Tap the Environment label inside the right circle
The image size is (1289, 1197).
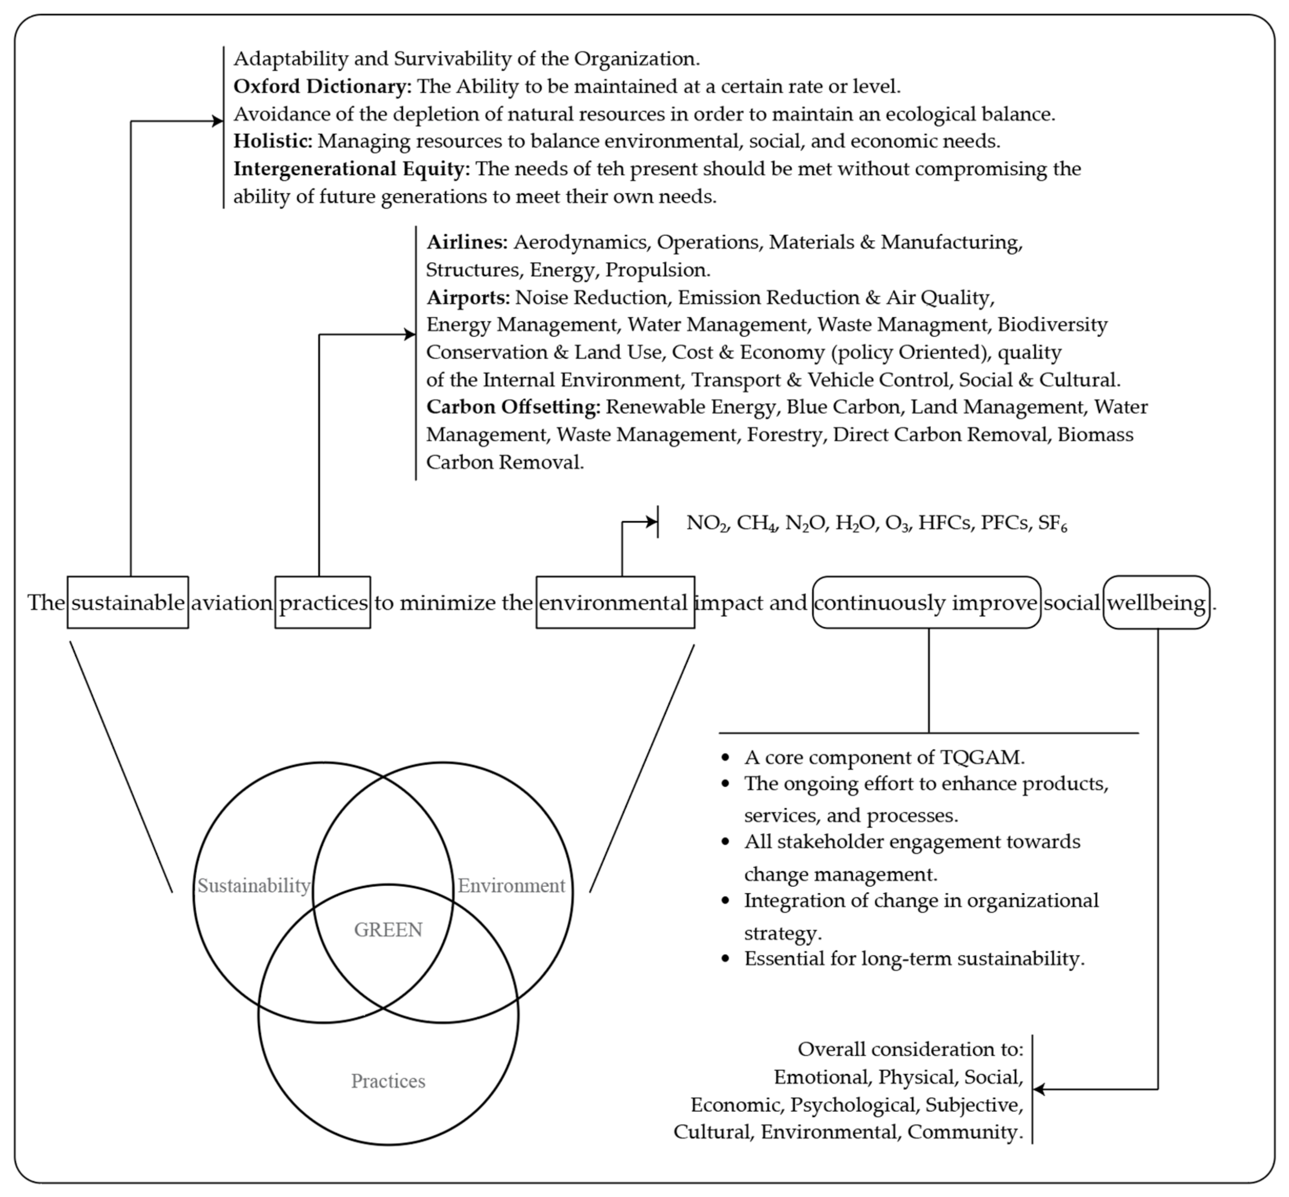[511, 885]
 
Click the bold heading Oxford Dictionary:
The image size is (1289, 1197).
[322, 86]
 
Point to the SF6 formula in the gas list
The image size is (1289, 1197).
[1052, 523]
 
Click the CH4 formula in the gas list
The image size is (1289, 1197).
[756, 523]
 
